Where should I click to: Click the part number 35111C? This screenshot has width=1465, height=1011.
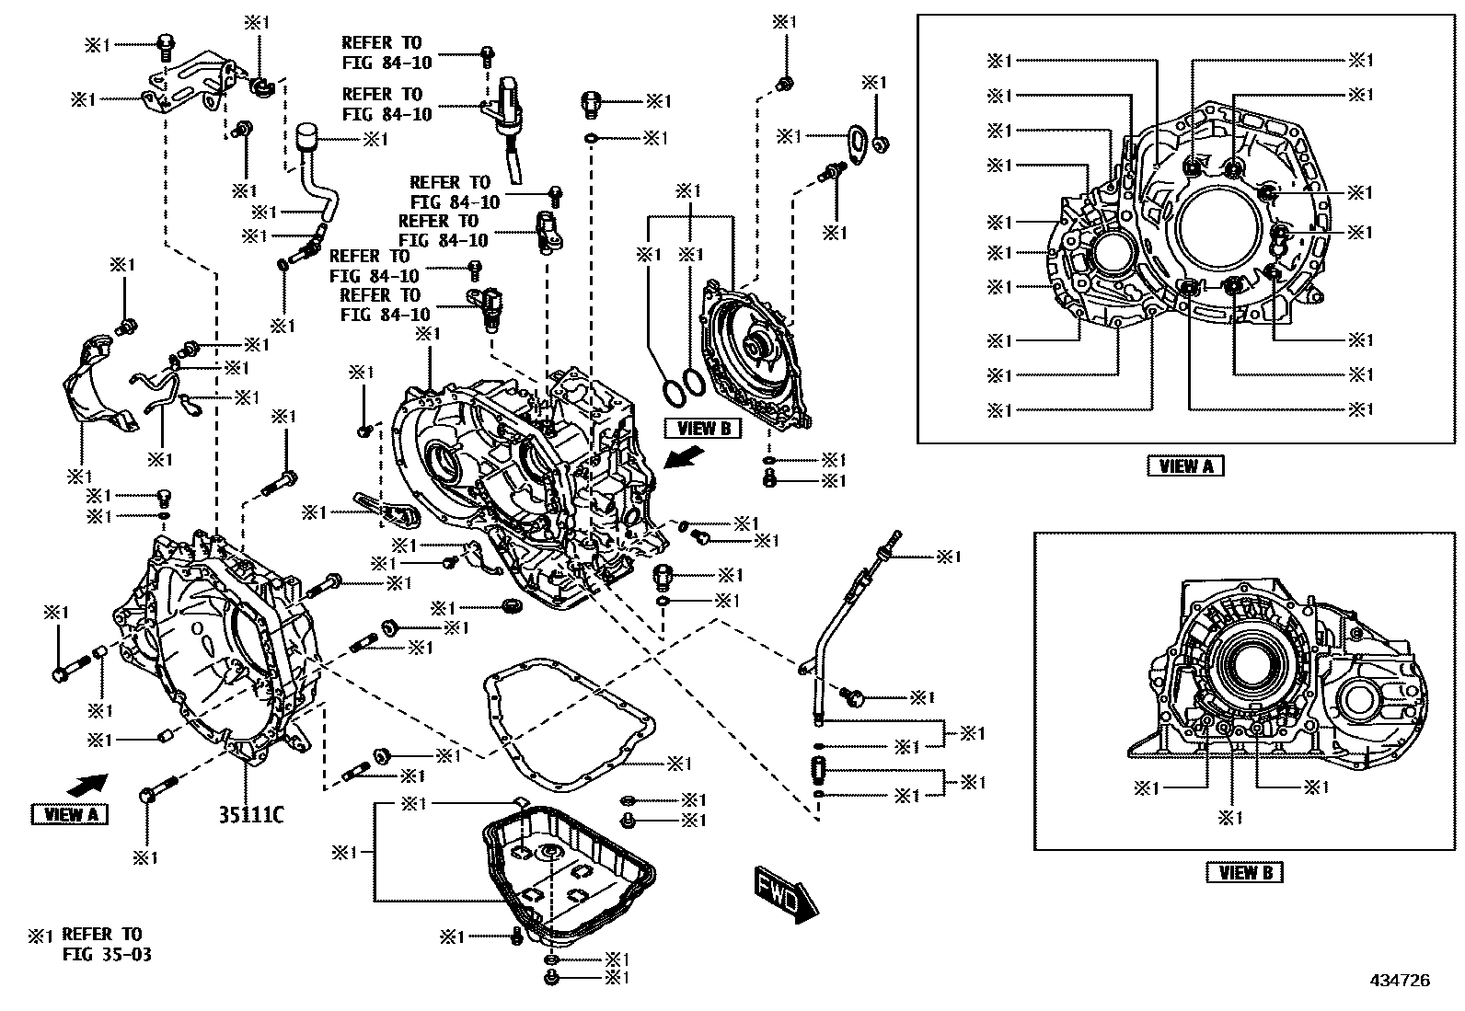tap(250, 814)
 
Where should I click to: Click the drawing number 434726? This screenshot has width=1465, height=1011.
tap(1398, 981)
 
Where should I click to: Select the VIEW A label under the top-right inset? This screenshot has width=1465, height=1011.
tap(1185, 466)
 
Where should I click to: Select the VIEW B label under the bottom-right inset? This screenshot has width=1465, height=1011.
tap(1244, 872)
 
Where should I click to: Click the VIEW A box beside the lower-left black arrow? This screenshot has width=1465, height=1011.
tap(70, 814)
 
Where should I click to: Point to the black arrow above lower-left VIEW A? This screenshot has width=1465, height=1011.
tap(87, 785)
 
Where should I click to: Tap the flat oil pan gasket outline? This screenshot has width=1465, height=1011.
tap(571, 718)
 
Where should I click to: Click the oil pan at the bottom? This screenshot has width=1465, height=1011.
tap(571, 874)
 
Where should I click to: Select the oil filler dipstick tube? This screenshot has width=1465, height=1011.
tap(833, 635)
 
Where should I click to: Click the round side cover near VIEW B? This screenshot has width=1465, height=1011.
tap(755, 354)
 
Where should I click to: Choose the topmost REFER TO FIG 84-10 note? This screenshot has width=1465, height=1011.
tap(382, 52)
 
